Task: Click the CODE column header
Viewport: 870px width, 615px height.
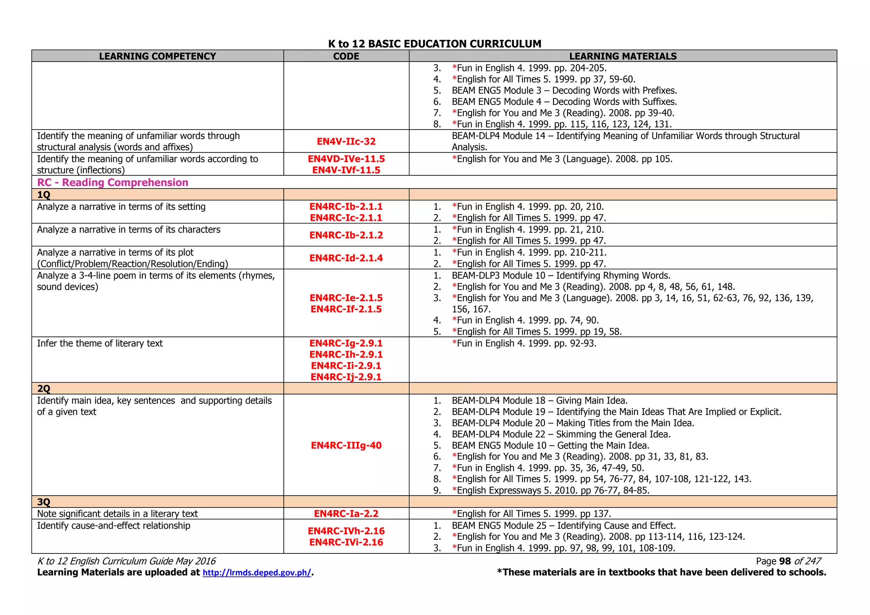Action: click(346, 56)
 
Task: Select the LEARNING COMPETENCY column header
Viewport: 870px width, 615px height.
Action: click(157, 56)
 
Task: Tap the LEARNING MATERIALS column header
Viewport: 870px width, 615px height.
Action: click(622, 56)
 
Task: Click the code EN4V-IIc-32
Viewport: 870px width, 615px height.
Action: click(346, 141)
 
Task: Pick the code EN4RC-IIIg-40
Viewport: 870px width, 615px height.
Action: click(346, 446)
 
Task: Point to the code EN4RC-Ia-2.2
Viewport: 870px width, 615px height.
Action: click(346, 513)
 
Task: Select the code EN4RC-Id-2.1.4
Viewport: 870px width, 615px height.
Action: click(346, 258)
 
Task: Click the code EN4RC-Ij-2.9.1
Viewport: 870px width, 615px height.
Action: click(346, 377)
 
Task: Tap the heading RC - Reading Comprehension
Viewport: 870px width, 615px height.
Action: click(113, 183)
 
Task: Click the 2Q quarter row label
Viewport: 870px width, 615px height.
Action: click(44, 389)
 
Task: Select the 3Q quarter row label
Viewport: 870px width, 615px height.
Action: click(44, 502)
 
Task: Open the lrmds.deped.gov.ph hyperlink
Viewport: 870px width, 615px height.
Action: click(257, 573)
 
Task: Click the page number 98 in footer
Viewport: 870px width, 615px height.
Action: click(785, 561)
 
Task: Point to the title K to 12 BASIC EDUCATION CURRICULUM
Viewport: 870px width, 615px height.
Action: click(435, 44)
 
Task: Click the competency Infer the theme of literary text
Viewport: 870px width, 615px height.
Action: click(100, 343)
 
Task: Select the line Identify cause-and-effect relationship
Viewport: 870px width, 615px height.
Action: click(113, 525)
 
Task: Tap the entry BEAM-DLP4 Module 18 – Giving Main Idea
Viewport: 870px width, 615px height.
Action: click(540, 401)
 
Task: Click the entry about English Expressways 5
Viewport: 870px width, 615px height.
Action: click(550, 491)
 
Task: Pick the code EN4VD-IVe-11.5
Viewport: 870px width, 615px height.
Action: click(346, 159)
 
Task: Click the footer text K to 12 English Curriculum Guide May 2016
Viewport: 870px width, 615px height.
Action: click(127, 561)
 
